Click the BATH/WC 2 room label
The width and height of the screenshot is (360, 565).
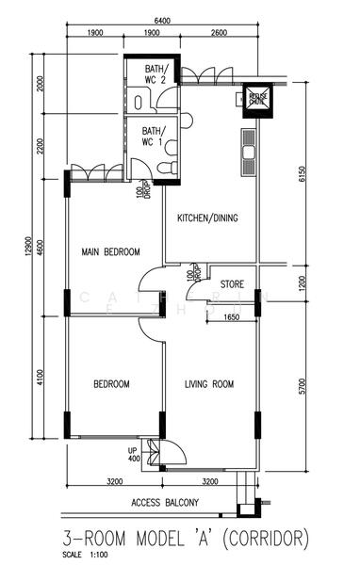[x=156, y=74]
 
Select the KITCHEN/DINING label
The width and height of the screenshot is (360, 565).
[x=207, y=218]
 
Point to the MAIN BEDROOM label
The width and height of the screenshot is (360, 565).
[x=110, y=251]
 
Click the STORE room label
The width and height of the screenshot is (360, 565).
[x=232, y=283]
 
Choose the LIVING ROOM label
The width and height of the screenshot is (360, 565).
[x=208, y=383]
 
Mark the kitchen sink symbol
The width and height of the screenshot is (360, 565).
[x=249, y=151]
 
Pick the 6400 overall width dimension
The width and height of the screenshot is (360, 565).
[x=161, y=21]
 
